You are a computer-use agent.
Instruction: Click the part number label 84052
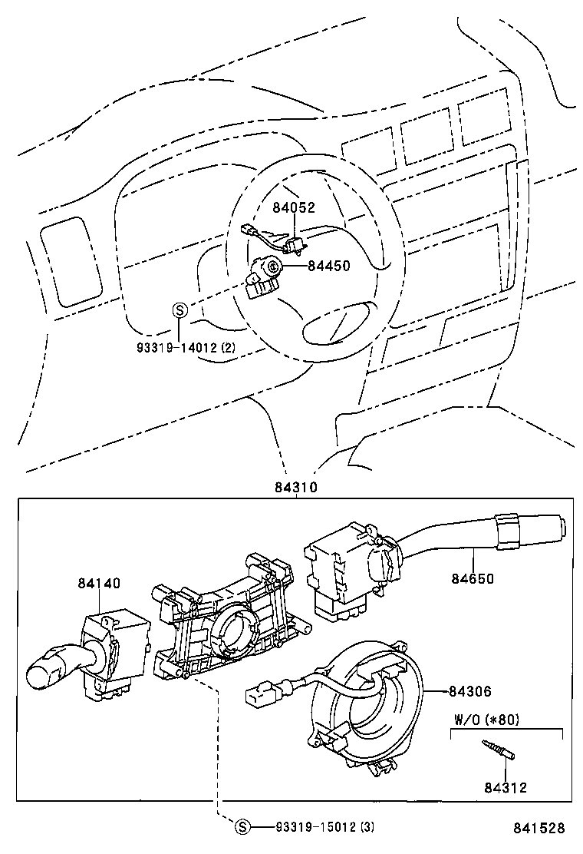click(295, 207)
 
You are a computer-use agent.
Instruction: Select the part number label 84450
click(328, 266)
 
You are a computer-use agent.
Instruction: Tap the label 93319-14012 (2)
click(186, 347)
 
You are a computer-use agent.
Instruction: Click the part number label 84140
click(98, 583)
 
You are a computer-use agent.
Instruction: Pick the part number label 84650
click(473, 579)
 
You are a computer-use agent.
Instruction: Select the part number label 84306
click(470, 692)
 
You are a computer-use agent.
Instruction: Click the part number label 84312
click(505, 787)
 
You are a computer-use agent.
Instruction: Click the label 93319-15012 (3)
click(325, 826)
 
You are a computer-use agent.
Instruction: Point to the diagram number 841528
click(539, 828)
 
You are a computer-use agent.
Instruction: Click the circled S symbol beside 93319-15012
click(242, 826)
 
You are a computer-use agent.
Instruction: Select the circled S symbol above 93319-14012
click(179, 310)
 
